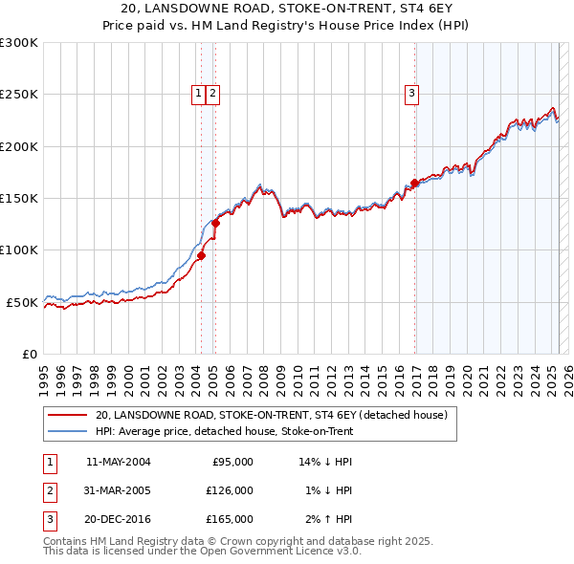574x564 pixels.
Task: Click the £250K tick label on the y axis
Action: pyautogui.click(x=19, y=95)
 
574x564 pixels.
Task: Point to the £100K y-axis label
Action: pyautogui.click(x=19, y=249)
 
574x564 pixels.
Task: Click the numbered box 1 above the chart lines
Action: pyautogui.click(x=198, y=93)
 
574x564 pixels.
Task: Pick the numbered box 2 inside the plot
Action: pyautogui.click(x=211, y=93)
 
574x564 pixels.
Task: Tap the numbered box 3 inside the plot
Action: pyautogui.click(x=411, y=93)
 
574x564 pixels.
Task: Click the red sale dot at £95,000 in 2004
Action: pyautogui.click(x=201, y=255)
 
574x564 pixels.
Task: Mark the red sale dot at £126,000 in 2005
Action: pyautogui.click(x=216, y=224)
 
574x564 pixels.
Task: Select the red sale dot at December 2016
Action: pyautogui.click(x=414, y=183)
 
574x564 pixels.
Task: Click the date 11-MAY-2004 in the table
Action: pyautogui.click(x=119, y=462)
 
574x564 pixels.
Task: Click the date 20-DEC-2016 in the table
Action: pyautogui.click(x=119, y=519)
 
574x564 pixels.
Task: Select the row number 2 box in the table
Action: pyautogui.click(x=48, y=490)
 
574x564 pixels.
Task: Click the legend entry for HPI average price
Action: pyautogui.click(x=224, y=431)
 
